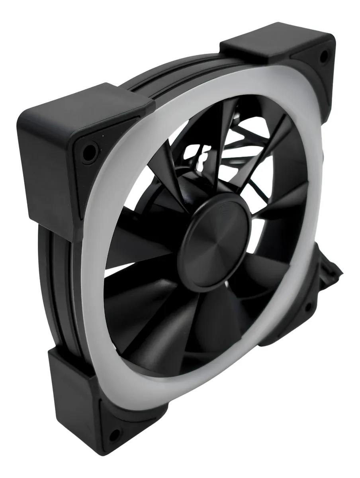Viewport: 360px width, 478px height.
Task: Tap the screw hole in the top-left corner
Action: tap(90, 153)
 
